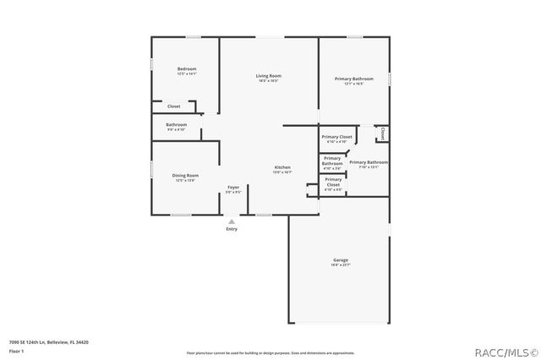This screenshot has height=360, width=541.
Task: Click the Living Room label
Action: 268,77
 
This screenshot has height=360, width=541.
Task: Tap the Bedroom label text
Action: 186,68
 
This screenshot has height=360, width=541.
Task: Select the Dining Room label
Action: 186,175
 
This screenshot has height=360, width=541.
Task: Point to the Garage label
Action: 341,259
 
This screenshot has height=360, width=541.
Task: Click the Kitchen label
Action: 282,167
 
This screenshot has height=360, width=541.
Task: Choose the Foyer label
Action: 233,187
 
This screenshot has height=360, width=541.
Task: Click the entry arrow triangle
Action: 232,221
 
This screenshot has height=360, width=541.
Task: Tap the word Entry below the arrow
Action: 232,229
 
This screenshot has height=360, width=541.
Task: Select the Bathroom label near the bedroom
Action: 176,125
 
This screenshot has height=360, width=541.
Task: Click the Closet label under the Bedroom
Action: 173,106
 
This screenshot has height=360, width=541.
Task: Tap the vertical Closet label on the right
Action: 382,134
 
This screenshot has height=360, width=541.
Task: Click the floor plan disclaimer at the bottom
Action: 270,352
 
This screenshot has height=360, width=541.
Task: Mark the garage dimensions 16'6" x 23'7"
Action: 341,265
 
